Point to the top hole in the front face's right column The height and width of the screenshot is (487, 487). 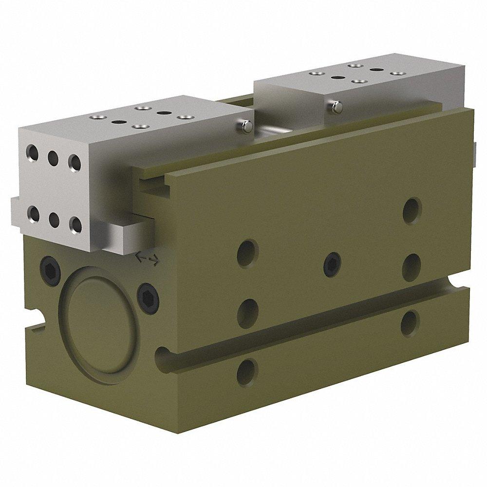coord(412,208)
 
